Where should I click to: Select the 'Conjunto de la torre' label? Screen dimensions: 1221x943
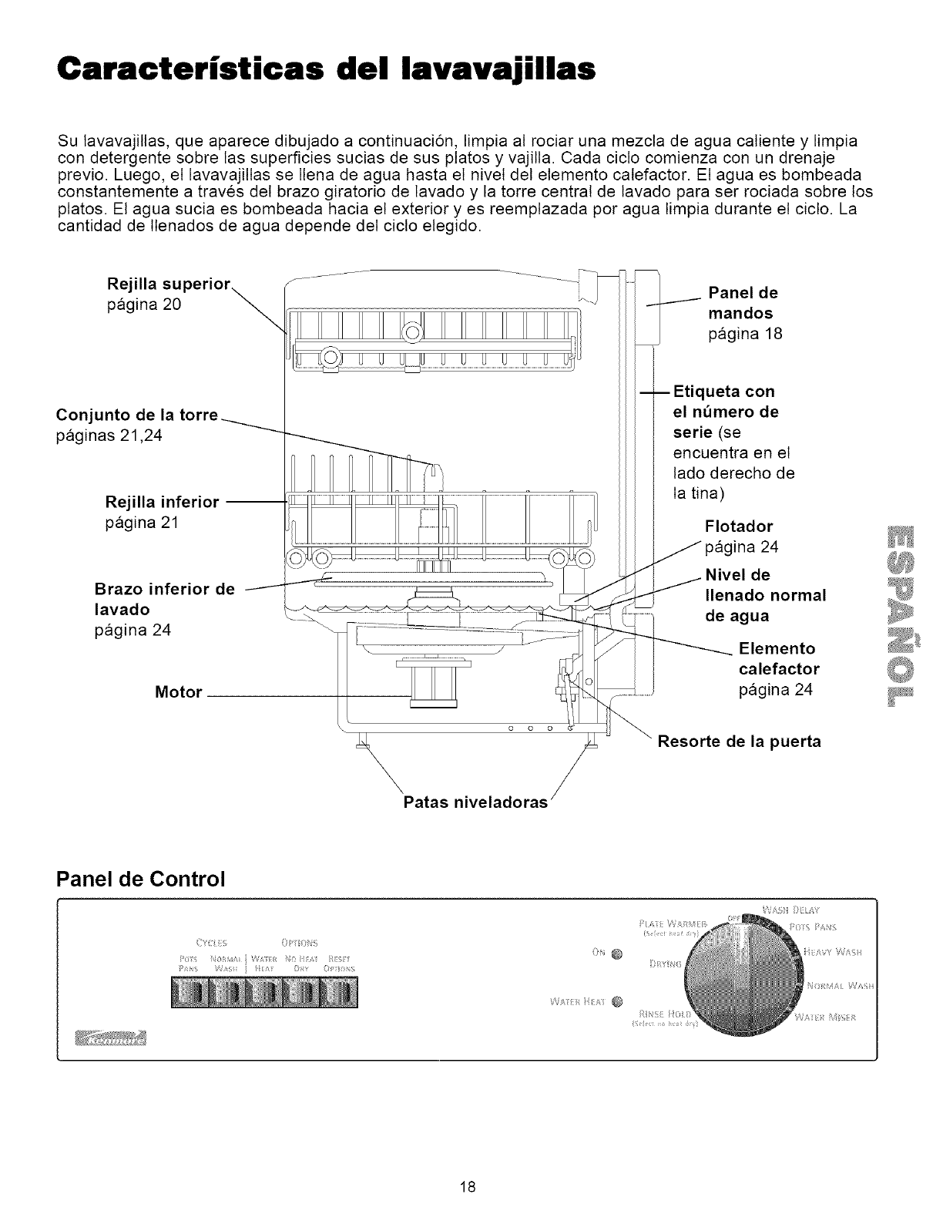click(137, 414)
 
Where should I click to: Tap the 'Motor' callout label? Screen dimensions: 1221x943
click(178, 692)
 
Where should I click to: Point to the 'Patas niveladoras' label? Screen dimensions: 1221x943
click(475, 802)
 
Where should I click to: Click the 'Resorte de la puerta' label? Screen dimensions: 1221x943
click(739, 742)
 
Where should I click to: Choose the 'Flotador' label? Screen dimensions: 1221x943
click(739, 526)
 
